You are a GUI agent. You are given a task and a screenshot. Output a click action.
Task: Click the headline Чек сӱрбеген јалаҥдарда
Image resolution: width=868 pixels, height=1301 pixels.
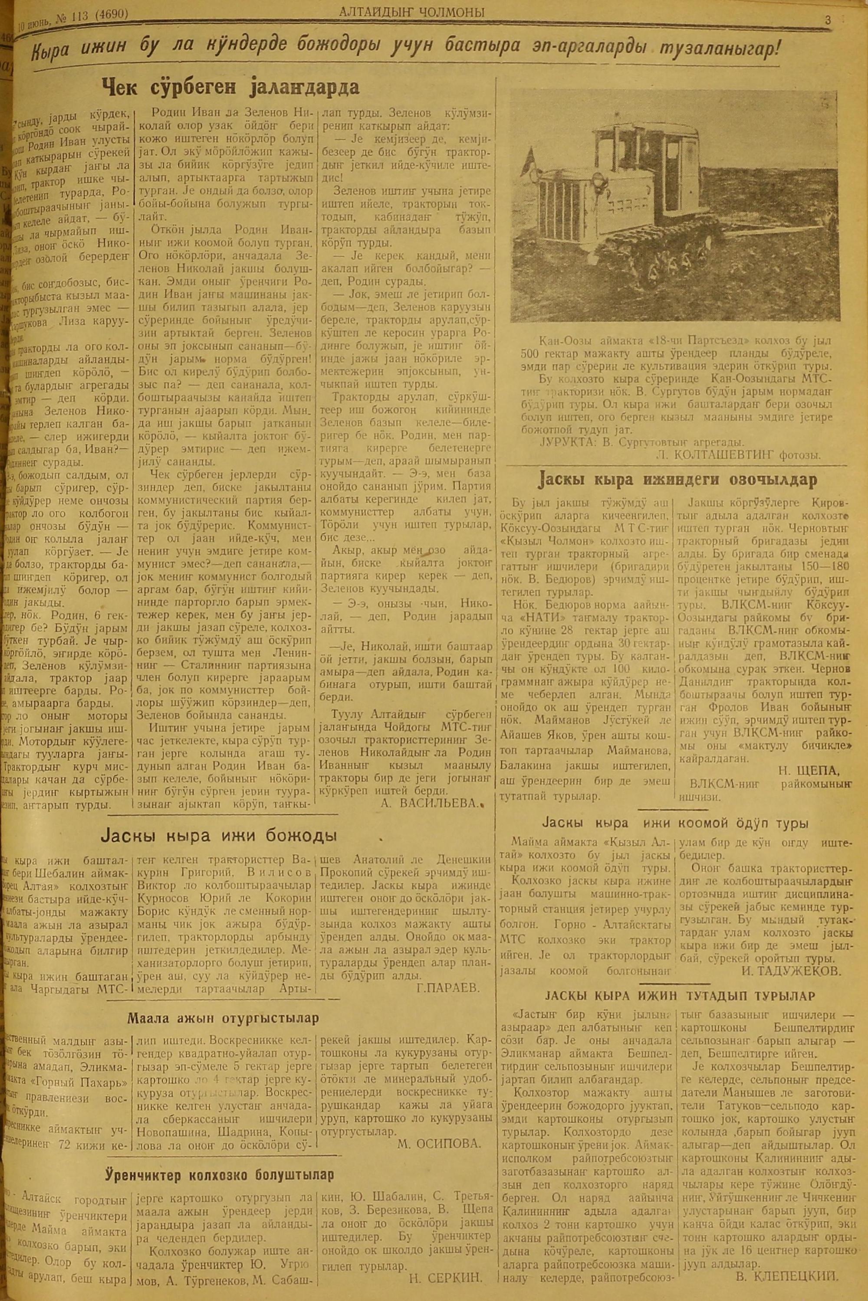pyautogui.click(x=231, y=88)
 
